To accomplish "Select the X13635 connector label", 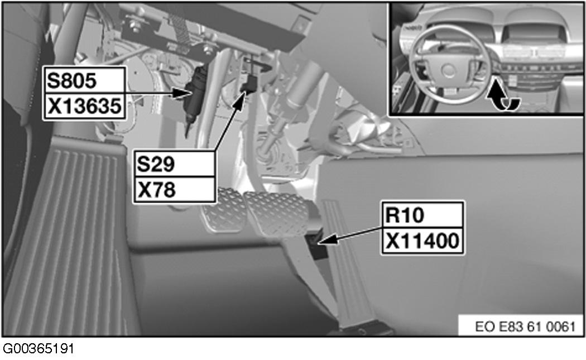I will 83,106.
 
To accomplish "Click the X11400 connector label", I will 422,241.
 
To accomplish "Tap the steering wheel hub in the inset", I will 450,70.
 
